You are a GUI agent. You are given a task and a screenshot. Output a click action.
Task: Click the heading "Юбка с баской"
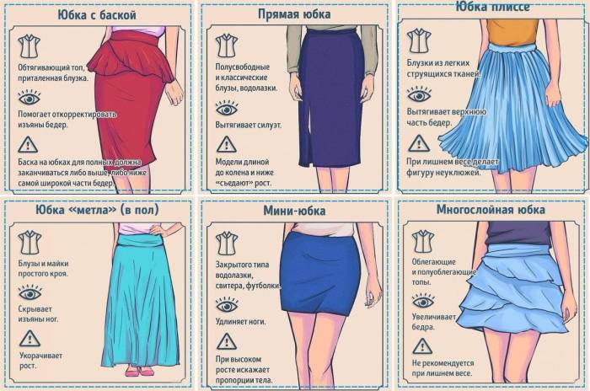pyautogui.click(x=97, y=15)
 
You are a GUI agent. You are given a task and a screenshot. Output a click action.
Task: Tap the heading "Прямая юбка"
pyautogui.click(x=294, y=14)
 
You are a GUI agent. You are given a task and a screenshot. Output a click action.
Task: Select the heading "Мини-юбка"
pyautogui.click(x=294, y=211)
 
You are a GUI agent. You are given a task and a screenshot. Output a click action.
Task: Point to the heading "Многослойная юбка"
pyautogui.click(x=491, y=210)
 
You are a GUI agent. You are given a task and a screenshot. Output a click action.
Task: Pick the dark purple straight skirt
pyautogui.click(x=330, y=98)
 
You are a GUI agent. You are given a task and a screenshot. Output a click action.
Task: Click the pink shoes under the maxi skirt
pyautogui.click(x=139, y=372)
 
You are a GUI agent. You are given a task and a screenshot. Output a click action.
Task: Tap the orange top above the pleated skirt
pyautogui.click(x=512, y=32)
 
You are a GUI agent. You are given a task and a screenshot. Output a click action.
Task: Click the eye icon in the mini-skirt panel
pyautogui.click(x=227, y=305)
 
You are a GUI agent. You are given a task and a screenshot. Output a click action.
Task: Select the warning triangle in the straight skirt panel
pyautogui.click(x=226, y=144)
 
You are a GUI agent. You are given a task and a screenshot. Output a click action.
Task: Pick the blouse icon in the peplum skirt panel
pyautogui.click(x=29, y=46)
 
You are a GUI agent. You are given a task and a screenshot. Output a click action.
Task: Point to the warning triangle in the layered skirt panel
pyautogui.click(x=422, y=346)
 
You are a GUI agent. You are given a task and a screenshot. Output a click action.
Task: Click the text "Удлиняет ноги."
pyautogui.click(x=240, y=322)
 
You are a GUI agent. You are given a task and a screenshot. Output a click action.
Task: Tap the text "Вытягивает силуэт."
pyautogui.click(x=249, y=126)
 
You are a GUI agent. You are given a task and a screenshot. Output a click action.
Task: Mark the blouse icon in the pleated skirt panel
pyautogui.click(x=419, y=40)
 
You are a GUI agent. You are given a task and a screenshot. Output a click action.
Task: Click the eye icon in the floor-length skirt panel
pyautogui.click(x=29, y=292)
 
